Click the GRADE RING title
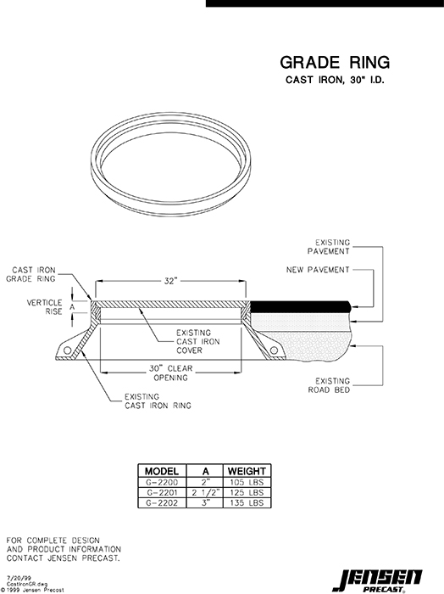(335, 62)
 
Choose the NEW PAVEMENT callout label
(318, 270)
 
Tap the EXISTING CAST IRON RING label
(157, 401)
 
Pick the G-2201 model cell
(162, 492)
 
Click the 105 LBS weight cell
(247, 482)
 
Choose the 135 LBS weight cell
(247, 502)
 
